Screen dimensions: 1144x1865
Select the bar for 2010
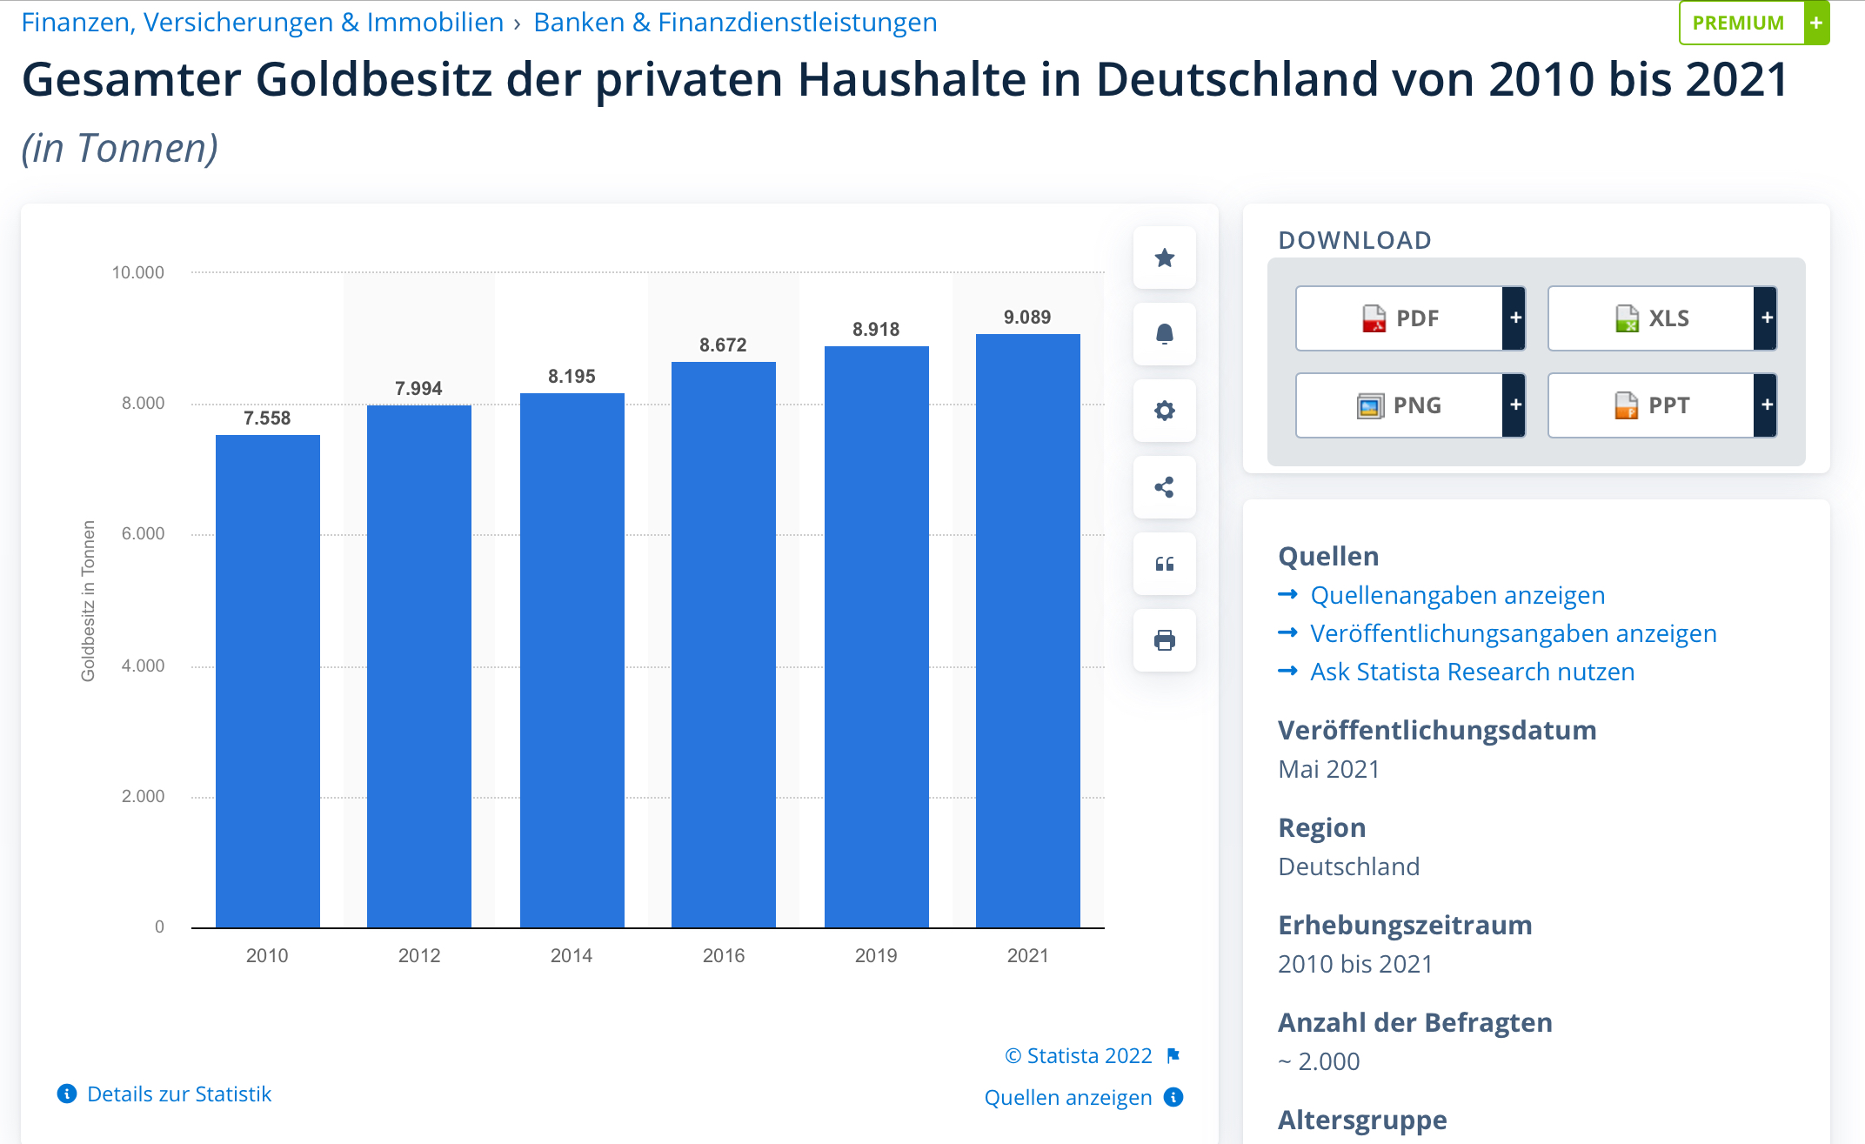click(267, 680)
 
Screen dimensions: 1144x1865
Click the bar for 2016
click(723, 644)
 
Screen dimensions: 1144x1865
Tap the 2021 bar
click(1027, 630)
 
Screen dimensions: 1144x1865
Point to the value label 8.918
click(875, 330)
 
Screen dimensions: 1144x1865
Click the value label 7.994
click(418, 389)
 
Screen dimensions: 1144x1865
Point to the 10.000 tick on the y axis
click(137, 273)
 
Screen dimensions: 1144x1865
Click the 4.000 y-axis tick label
click(143, 666)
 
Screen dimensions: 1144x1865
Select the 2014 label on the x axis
click(571, 955)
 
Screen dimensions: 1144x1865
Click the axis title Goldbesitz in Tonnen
click(88, 600)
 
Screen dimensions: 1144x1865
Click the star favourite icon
click(1164, 258)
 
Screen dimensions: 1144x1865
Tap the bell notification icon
click(1164, 334)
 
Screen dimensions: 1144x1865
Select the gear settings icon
click(1164, 411)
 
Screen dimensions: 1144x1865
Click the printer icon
click(1164, 641)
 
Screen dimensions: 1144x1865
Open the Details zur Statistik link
click(178, 1094)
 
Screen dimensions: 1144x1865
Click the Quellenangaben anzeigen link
click(1457, 596)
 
